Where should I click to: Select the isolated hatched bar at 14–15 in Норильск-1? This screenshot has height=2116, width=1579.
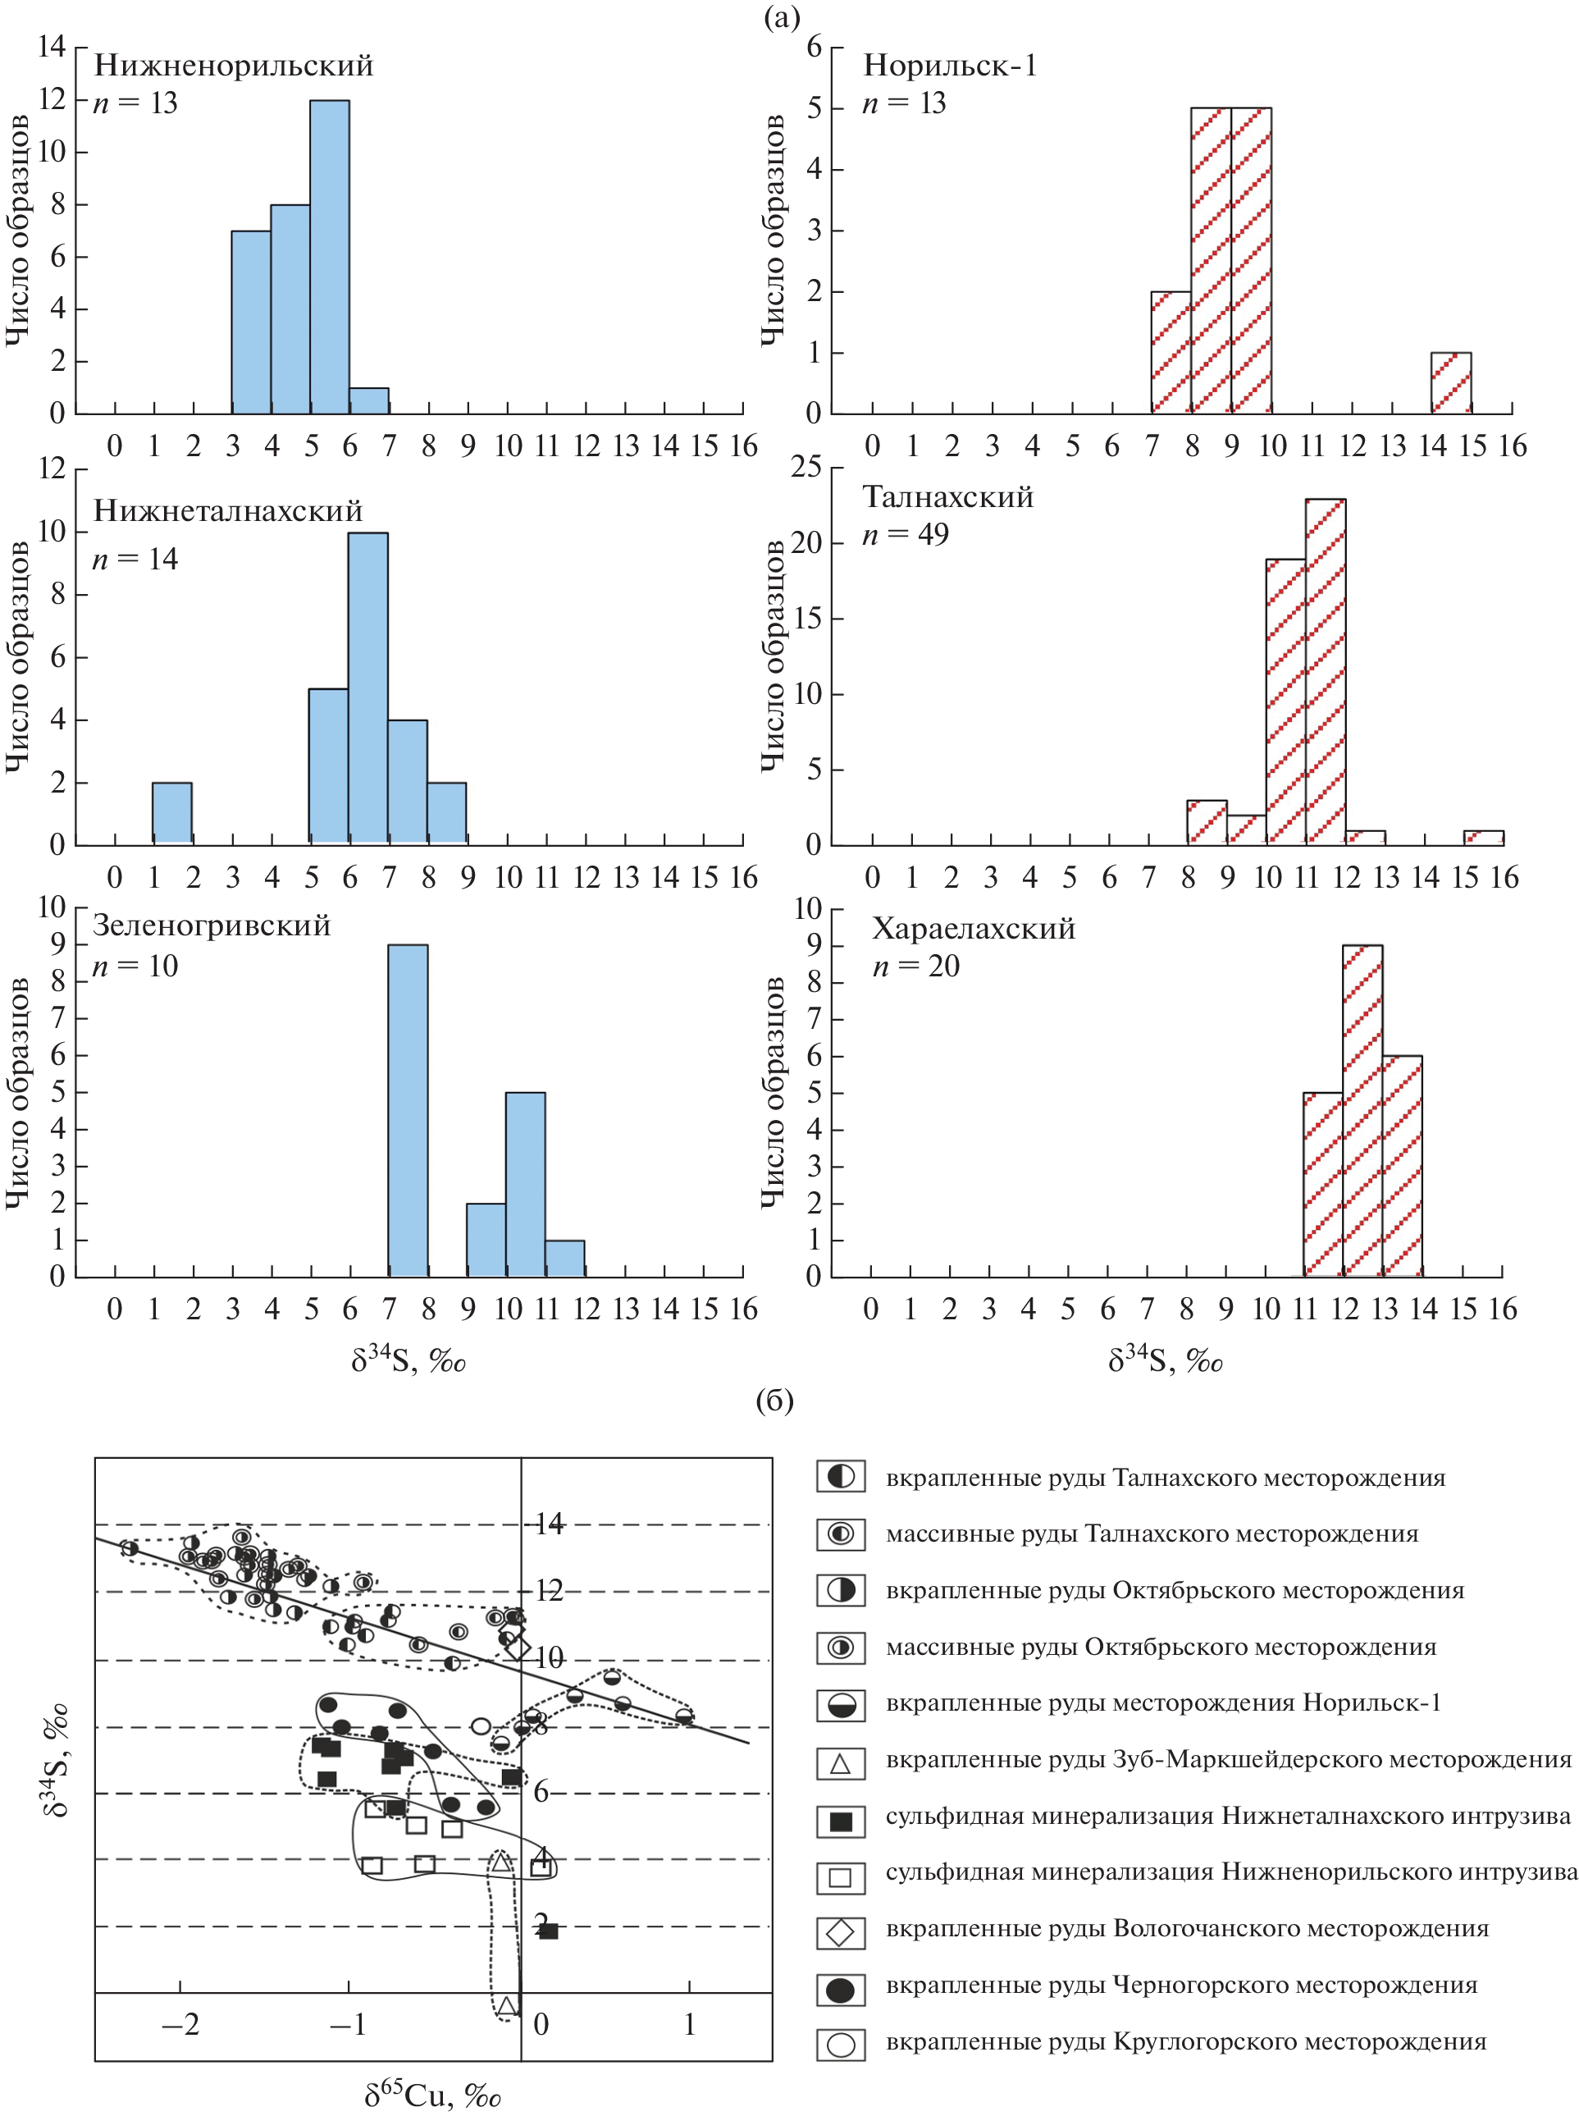(x=1450, y=383)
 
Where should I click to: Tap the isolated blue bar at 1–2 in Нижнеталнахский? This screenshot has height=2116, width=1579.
(x=172, y=813)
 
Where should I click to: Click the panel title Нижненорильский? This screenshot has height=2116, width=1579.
(x=233, y=65)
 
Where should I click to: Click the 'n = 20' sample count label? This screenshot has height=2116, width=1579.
(x=915, y=966)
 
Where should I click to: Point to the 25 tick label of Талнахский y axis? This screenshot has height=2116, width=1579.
(x=805, y=468)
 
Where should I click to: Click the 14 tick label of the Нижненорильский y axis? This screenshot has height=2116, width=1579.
(x=51, y=46)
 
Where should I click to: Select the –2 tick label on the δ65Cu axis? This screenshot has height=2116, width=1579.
(x=180, y=2024)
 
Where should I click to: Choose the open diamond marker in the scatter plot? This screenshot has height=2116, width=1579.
(x=517, y=1647)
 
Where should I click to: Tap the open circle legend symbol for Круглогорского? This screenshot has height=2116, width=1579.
(x=840, y=2045)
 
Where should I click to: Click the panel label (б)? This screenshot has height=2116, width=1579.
(x=774, y=1401)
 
